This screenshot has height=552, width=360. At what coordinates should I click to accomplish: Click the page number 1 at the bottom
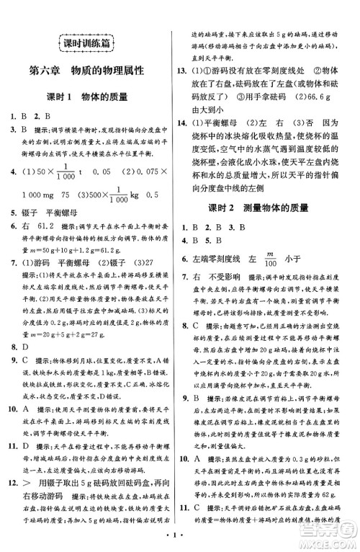178,538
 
